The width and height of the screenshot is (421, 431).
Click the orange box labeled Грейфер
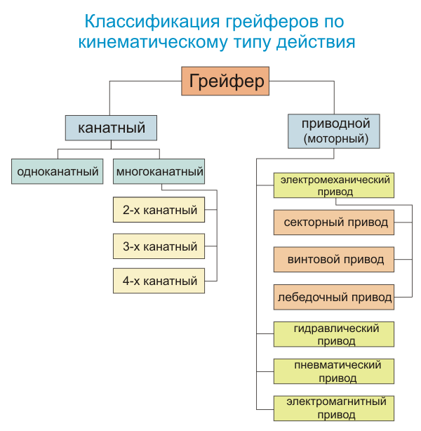227,81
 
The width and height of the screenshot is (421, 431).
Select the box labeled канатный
111,128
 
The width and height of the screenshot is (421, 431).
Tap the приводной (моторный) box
335,131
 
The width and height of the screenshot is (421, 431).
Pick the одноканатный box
58,171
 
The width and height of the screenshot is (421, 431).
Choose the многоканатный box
160,171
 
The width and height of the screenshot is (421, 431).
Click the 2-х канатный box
159,210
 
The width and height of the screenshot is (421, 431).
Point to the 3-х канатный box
159,246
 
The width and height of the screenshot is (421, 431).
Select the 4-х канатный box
159,281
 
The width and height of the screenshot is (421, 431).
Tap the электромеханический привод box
335,186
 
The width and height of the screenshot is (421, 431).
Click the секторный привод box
335,223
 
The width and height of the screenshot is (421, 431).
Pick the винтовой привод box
335,260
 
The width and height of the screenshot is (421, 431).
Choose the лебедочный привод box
335,297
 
